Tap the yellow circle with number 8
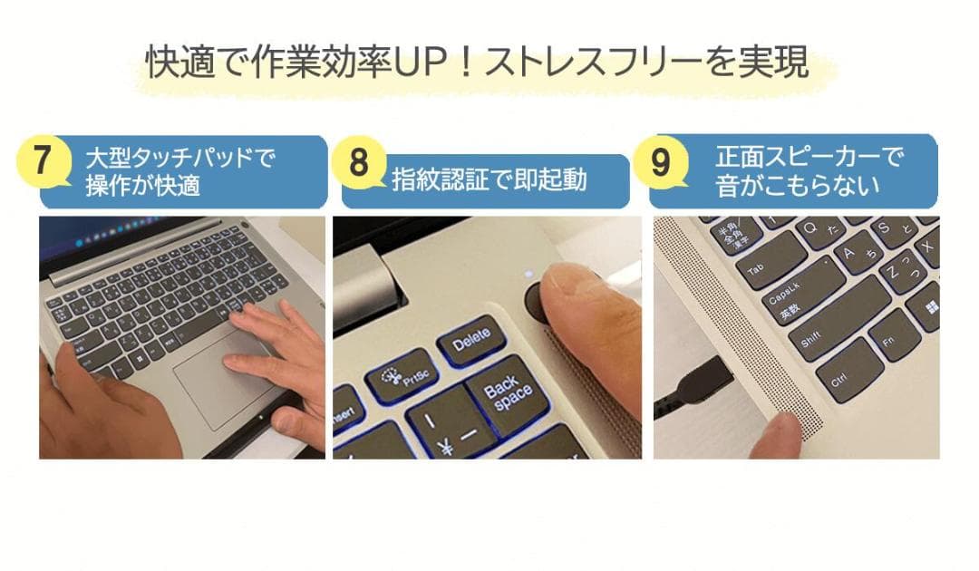click(x=358, y=164)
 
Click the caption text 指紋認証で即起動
click(x=489, y=179)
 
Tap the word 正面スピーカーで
click(x=809, y=157)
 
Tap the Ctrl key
click(x=847, y=375)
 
